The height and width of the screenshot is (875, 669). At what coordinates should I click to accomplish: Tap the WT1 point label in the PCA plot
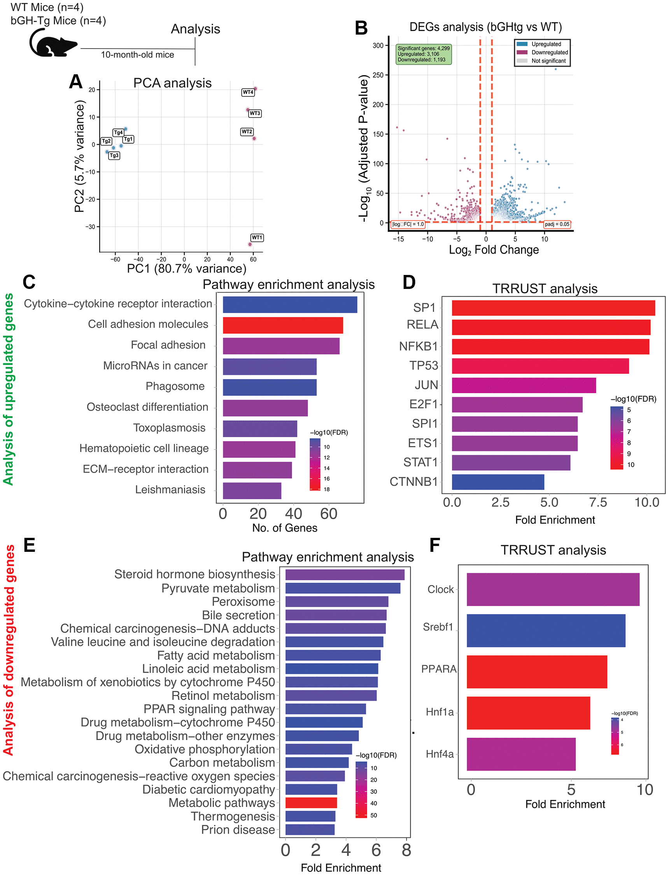click(x=257, y=238)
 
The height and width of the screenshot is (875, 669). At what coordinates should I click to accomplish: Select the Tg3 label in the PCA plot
click(x=114, y=155)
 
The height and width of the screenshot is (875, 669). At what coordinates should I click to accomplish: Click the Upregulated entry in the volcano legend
click(x=546, y=44)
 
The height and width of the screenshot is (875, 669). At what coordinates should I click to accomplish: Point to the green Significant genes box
click(x=424, y=54)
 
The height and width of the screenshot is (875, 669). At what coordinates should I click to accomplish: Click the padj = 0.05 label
click(x=557, y=224)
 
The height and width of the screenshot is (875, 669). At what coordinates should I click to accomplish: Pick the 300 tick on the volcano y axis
click(x=378, y=45)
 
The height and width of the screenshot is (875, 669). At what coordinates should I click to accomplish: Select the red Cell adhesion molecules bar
click(x=283, y=325)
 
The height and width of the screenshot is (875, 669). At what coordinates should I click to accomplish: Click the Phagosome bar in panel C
click(x=270, y=387)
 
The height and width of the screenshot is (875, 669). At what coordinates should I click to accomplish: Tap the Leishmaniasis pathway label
click(x=170, y=489)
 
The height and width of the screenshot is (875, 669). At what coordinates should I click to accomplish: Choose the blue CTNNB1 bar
click(x=498, y=482)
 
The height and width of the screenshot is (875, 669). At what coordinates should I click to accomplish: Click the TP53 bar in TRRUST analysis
click(x=540, y=366)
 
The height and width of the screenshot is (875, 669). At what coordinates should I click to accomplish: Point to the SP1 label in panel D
click(x=424, y=308)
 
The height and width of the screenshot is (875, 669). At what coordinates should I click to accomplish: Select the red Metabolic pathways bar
click(x=311, y=803)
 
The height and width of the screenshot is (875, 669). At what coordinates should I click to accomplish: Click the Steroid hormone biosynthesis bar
click(x=345, y=574)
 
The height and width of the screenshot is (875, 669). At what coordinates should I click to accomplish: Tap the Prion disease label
click(x=238, y=829)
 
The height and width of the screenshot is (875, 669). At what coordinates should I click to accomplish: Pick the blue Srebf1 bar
click(x=546, y=630)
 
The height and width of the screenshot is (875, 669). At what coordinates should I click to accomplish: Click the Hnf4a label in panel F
click(x=440, y=754)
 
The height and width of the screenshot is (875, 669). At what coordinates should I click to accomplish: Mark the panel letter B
click(x=361, y=28)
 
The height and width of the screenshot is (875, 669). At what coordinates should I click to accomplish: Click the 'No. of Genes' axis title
click(x=285, y=528)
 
